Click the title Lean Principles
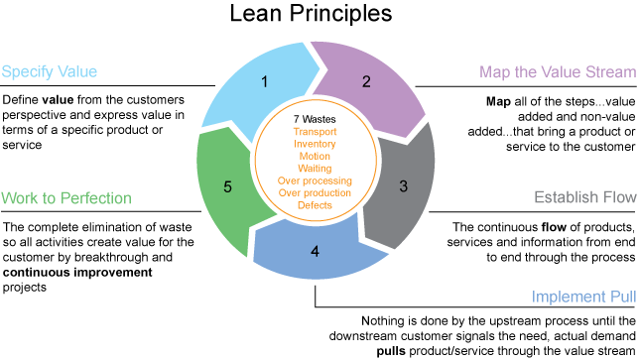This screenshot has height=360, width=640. click(x=320, y=16)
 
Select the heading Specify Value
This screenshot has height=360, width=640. click(x=49, y=71)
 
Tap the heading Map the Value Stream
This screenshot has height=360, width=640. click(x=557, y=71)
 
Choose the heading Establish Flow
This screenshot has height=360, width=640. click(x=585, y=197)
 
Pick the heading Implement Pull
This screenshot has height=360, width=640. click(x=582, y=297)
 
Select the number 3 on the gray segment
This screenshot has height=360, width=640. click(x=403, y=184)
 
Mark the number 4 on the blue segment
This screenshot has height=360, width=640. click(x=315, y=251)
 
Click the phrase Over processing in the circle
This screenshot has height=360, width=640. click(x=316, y=181)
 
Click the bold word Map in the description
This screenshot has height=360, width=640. click(x=497, y=102)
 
